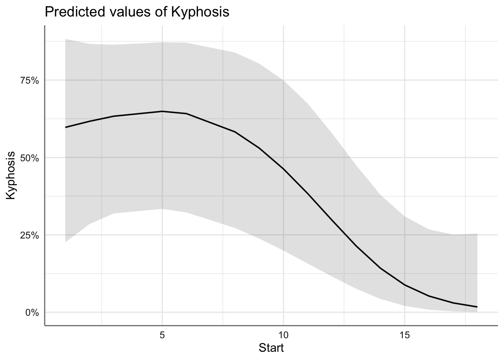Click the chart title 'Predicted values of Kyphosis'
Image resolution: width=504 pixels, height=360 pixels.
point(136,12)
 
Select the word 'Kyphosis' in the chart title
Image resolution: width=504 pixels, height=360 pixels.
point(199,12)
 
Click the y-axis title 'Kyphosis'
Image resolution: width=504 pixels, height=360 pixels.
point(11,175)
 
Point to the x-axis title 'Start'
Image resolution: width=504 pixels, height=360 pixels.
point(271,348)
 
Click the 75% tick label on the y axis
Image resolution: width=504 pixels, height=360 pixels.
point(29,81)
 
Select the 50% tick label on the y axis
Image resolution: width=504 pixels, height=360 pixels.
point(29,158)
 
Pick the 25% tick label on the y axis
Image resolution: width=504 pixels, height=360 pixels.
point(29,235)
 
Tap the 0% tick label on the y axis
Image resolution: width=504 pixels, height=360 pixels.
point(31,312)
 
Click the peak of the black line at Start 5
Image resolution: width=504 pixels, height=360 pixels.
point(162,111)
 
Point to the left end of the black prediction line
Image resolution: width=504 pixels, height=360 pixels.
point(66,127)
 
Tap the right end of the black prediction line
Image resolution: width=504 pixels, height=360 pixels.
point(477,307)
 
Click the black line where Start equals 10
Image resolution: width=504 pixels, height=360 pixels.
point(283,169)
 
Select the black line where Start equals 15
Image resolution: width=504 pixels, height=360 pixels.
point(404,285)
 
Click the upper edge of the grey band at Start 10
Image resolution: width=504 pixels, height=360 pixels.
point(283,80)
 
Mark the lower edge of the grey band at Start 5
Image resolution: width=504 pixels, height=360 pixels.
point(162,208)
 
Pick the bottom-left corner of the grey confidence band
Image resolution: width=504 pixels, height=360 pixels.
point(66,242)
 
